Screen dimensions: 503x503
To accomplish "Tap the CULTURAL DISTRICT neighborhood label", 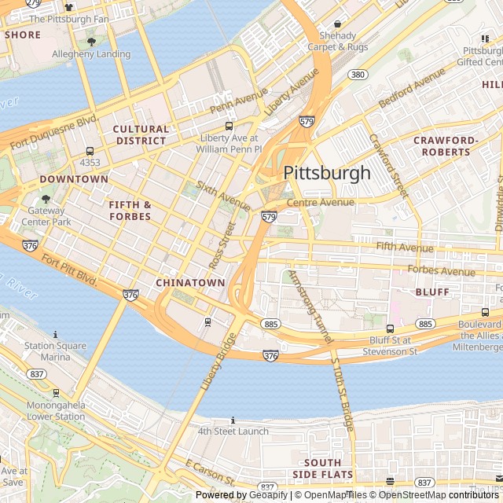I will click(141, 134).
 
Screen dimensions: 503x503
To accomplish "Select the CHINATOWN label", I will click(190, 282).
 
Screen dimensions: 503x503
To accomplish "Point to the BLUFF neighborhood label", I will click(432, 292).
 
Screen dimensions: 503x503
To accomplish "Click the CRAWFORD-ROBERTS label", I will click(446, 146).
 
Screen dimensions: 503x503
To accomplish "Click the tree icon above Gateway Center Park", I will click(46, 200).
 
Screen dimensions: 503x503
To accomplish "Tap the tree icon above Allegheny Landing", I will click(91, 42).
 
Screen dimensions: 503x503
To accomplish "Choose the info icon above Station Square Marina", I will click(55, 334).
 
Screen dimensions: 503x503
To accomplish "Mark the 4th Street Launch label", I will click(233, 431).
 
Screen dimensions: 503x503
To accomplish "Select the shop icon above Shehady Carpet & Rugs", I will click(337, 24).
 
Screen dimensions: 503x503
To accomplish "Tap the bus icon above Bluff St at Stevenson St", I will click(390, 329).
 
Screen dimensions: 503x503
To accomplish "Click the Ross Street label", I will click(222, 244).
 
